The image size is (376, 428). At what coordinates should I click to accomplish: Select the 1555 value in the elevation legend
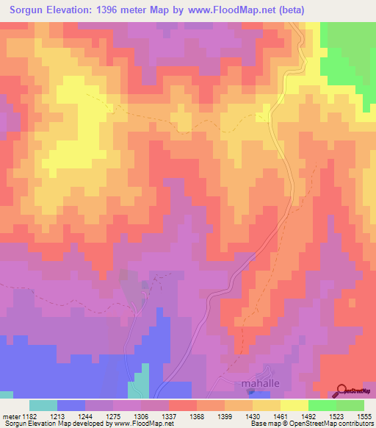(x=363, y=417)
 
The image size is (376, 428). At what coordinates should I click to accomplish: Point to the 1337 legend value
(x=168, y=417)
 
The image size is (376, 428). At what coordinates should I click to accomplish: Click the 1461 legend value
(x=279, y=417)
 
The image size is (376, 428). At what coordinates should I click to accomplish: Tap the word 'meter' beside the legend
(x=12, y=417)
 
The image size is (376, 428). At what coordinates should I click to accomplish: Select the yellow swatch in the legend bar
(x=294, y=405)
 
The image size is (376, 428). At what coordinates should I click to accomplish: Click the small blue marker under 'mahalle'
(x=250, y=391)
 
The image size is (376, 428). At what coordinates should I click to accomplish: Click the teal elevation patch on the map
(x=137, y=390)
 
